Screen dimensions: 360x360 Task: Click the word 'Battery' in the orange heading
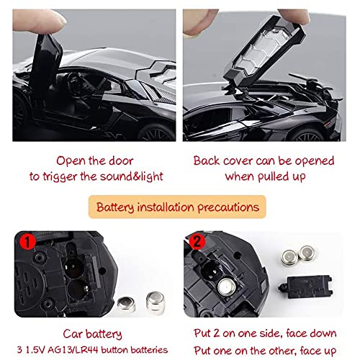tap(121, 208)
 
